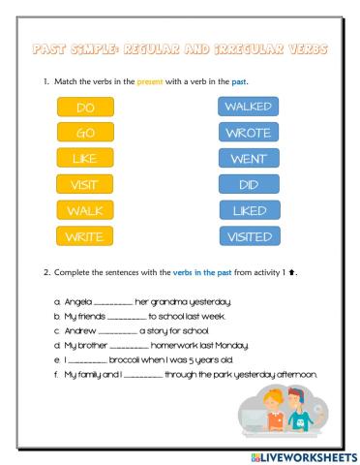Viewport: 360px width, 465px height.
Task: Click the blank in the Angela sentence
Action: pos(113,303)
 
